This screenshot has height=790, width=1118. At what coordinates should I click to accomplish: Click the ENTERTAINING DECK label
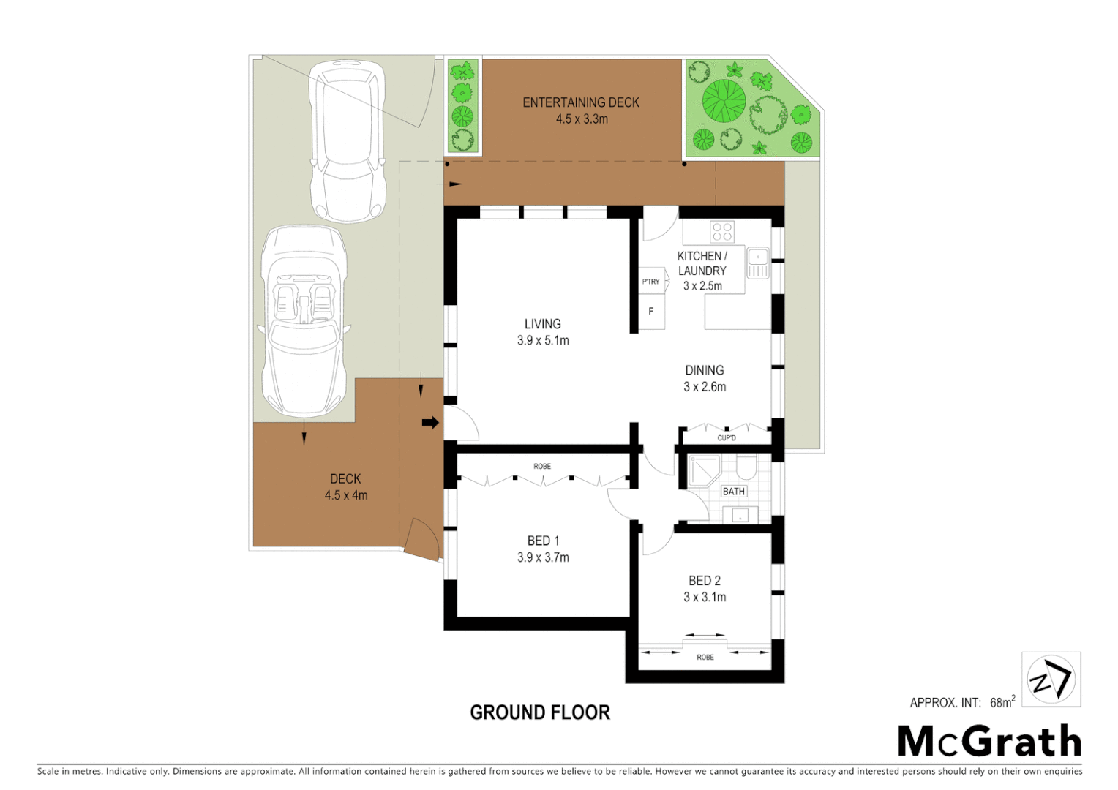click(581, 102)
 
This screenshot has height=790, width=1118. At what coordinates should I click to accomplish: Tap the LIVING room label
click(542, 324)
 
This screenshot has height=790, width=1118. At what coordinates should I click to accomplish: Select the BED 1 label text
click(543, 541)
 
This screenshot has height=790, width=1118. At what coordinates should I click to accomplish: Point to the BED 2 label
click(704, 581)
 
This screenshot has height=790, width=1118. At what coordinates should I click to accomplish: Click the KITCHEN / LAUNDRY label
click(702, 263)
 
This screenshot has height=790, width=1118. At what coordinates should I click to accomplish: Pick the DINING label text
click(704, 371)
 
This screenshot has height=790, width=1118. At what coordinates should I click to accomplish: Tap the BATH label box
click(733, 492)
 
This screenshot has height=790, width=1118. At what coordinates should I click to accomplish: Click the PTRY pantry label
click(650, 282)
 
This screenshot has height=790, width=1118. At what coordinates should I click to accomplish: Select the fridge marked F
click(650, 312)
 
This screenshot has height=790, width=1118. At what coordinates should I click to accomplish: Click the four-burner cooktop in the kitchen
click(722, 232)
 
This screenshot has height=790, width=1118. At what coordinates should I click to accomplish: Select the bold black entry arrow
click(430, 422)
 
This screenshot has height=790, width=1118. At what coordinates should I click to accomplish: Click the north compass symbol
click(1051, 680)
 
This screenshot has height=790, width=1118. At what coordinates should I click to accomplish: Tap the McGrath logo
click(989, 742)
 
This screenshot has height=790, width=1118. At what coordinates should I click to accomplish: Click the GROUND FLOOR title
click(539, 712)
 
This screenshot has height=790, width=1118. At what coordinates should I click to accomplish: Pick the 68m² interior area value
click(1002, 702)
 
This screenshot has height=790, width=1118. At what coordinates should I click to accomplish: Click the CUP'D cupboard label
click(726, 438)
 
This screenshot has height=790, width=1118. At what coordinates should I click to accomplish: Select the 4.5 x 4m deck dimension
click(346, 496)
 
